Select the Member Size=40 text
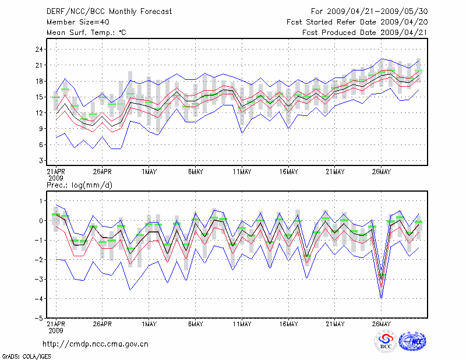pos(73,22)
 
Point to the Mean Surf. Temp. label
pos(86,32)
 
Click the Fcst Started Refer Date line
pos(357,22)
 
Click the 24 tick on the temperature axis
pos(40,50)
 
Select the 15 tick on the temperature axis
pos(40,97)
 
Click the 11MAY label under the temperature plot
pos(242,171)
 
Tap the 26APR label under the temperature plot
pos(102,171)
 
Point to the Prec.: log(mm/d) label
pos(80,185)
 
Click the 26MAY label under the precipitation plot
pos(381,324)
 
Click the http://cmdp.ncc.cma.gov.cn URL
pos(96,344)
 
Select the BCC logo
pos(386,342)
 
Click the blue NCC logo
pos(412,342)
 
